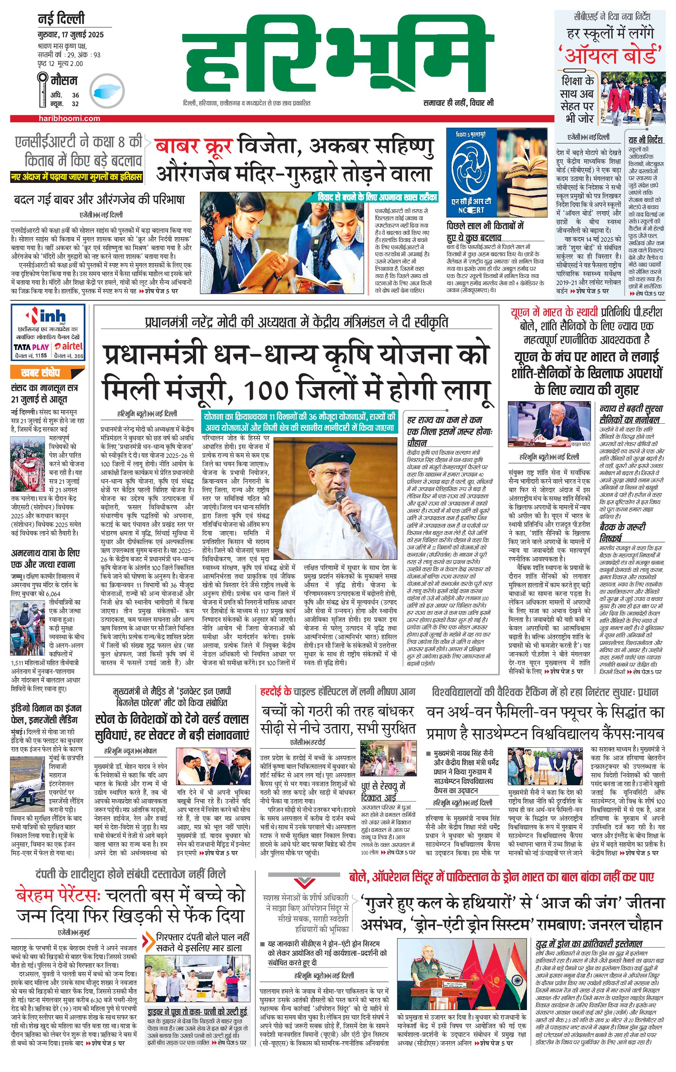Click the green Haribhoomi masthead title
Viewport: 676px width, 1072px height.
pos(338,56)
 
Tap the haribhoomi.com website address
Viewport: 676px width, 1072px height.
pos(69,118)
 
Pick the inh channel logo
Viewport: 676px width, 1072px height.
pos(47,316)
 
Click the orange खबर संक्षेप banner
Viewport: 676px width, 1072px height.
pos(41,372)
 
